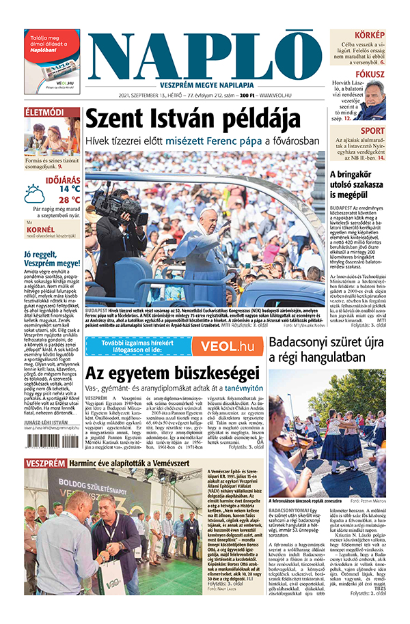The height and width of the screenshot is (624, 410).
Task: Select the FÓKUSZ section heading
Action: pyautogui.click(x=370, y=74)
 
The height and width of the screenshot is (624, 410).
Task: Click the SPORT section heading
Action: pyautogui.click(x=373, y=130)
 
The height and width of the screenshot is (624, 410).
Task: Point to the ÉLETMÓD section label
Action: pyautogui.click(x=44, y=111)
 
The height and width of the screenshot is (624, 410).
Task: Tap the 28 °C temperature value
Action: pyautogui.click(x=69, y=200)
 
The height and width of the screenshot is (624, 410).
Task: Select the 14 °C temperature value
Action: pyautogui.click(x=69, y=188)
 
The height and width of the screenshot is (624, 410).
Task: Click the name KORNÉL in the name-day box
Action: pyautogui.click(x=39, y=229)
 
